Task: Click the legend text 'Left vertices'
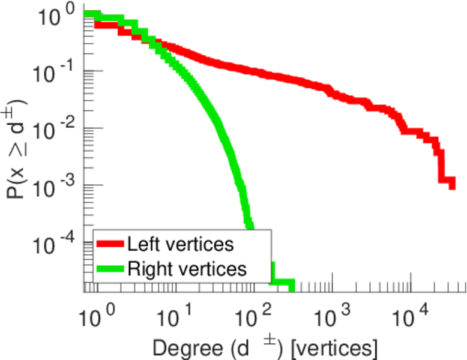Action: (x=181, y=244)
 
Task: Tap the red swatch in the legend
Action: (x=110, y=244)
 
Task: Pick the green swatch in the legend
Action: (x=110, y=268)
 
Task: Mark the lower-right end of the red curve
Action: (x=452, y=185)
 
